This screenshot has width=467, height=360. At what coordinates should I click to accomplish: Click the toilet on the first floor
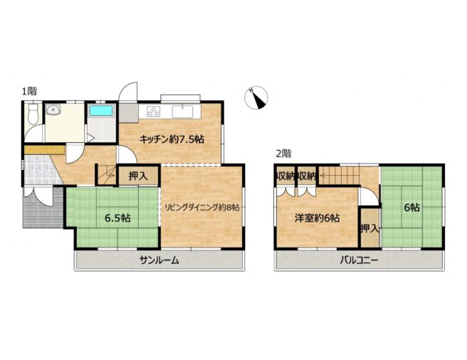(x=33, y=114)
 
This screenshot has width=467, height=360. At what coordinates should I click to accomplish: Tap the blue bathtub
(x=101, y=110)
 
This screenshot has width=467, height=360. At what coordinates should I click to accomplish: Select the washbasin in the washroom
(x=53, y=110)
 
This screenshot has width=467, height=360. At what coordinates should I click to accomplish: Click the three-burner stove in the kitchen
(x=154, y=112)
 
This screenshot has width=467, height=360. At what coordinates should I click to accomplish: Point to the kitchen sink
(x=182, y=112)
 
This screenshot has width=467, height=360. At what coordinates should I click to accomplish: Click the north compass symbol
(x=256, y=98)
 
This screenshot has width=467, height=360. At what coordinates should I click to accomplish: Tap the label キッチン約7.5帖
(x=172, y=139)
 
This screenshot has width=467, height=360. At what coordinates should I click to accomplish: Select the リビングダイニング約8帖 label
(x=202, y=208)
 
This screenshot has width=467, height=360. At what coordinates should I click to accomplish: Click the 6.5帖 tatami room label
(x=117, y=218)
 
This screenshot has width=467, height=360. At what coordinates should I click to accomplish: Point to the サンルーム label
(x=159, y=260)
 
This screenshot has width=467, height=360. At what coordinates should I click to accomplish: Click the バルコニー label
(x=360, y=260)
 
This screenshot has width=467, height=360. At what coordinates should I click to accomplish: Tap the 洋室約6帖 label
(x=317, y=218)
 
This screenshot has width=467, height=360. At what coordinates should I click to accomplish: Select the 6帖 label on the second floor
(x=411, y=207)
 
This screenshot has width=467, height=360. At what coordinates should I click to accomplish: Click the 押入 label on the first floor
(x=138, y=176)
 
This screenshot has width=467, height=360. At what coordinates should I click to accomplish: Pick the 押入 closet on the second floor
(x=369, y=228)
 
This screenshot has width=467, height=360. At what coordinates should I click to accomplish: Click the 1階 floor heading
(x=29, y=91)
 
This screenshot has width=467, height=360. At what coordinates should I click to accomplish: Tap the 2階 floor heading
(x=283, y=154)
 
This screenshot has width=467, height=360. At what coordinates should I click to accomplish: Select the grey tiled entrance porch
(x=43, y=207)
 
